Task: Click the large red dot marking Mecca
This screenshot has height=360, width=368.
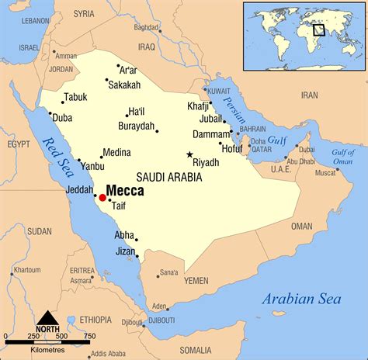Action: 102,198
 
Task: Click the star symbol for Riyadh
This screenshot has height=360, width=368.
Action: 189,154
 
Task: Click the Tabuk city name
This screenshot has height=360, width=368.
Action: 75,97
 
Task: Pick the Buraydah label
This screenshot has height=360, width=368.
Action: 134,126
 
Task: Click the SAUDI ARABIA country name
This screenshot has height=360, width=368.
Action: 168,177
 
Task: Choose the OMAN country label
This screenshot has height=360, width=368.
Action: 301,226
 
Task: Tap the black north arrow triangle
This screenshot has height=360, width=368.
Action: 48,318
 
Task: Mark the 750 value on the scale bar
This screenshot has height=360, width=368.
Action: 90,335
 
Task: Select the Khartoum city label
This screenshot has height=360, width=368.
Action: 26,269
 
